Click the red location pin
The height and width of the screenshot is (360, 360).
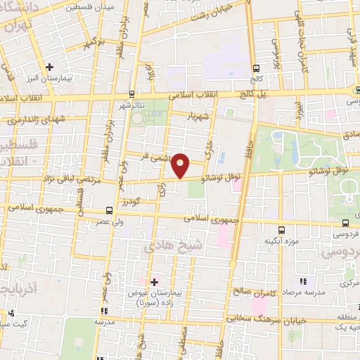tap(181, 165)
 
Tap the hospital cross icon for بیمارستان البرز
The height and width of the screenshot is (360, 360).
tap(49, 67)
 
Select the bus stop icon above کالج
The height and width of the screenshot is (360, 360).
tap(256, 69)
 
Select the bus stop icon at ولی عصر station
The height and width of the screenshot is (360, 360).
tap(108, 210)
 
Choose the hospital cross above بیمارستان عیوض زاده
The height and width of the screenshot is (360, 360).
tap(154, 282)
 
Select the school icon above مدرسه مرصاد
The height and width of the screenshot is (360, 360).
tap(302, 280)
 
